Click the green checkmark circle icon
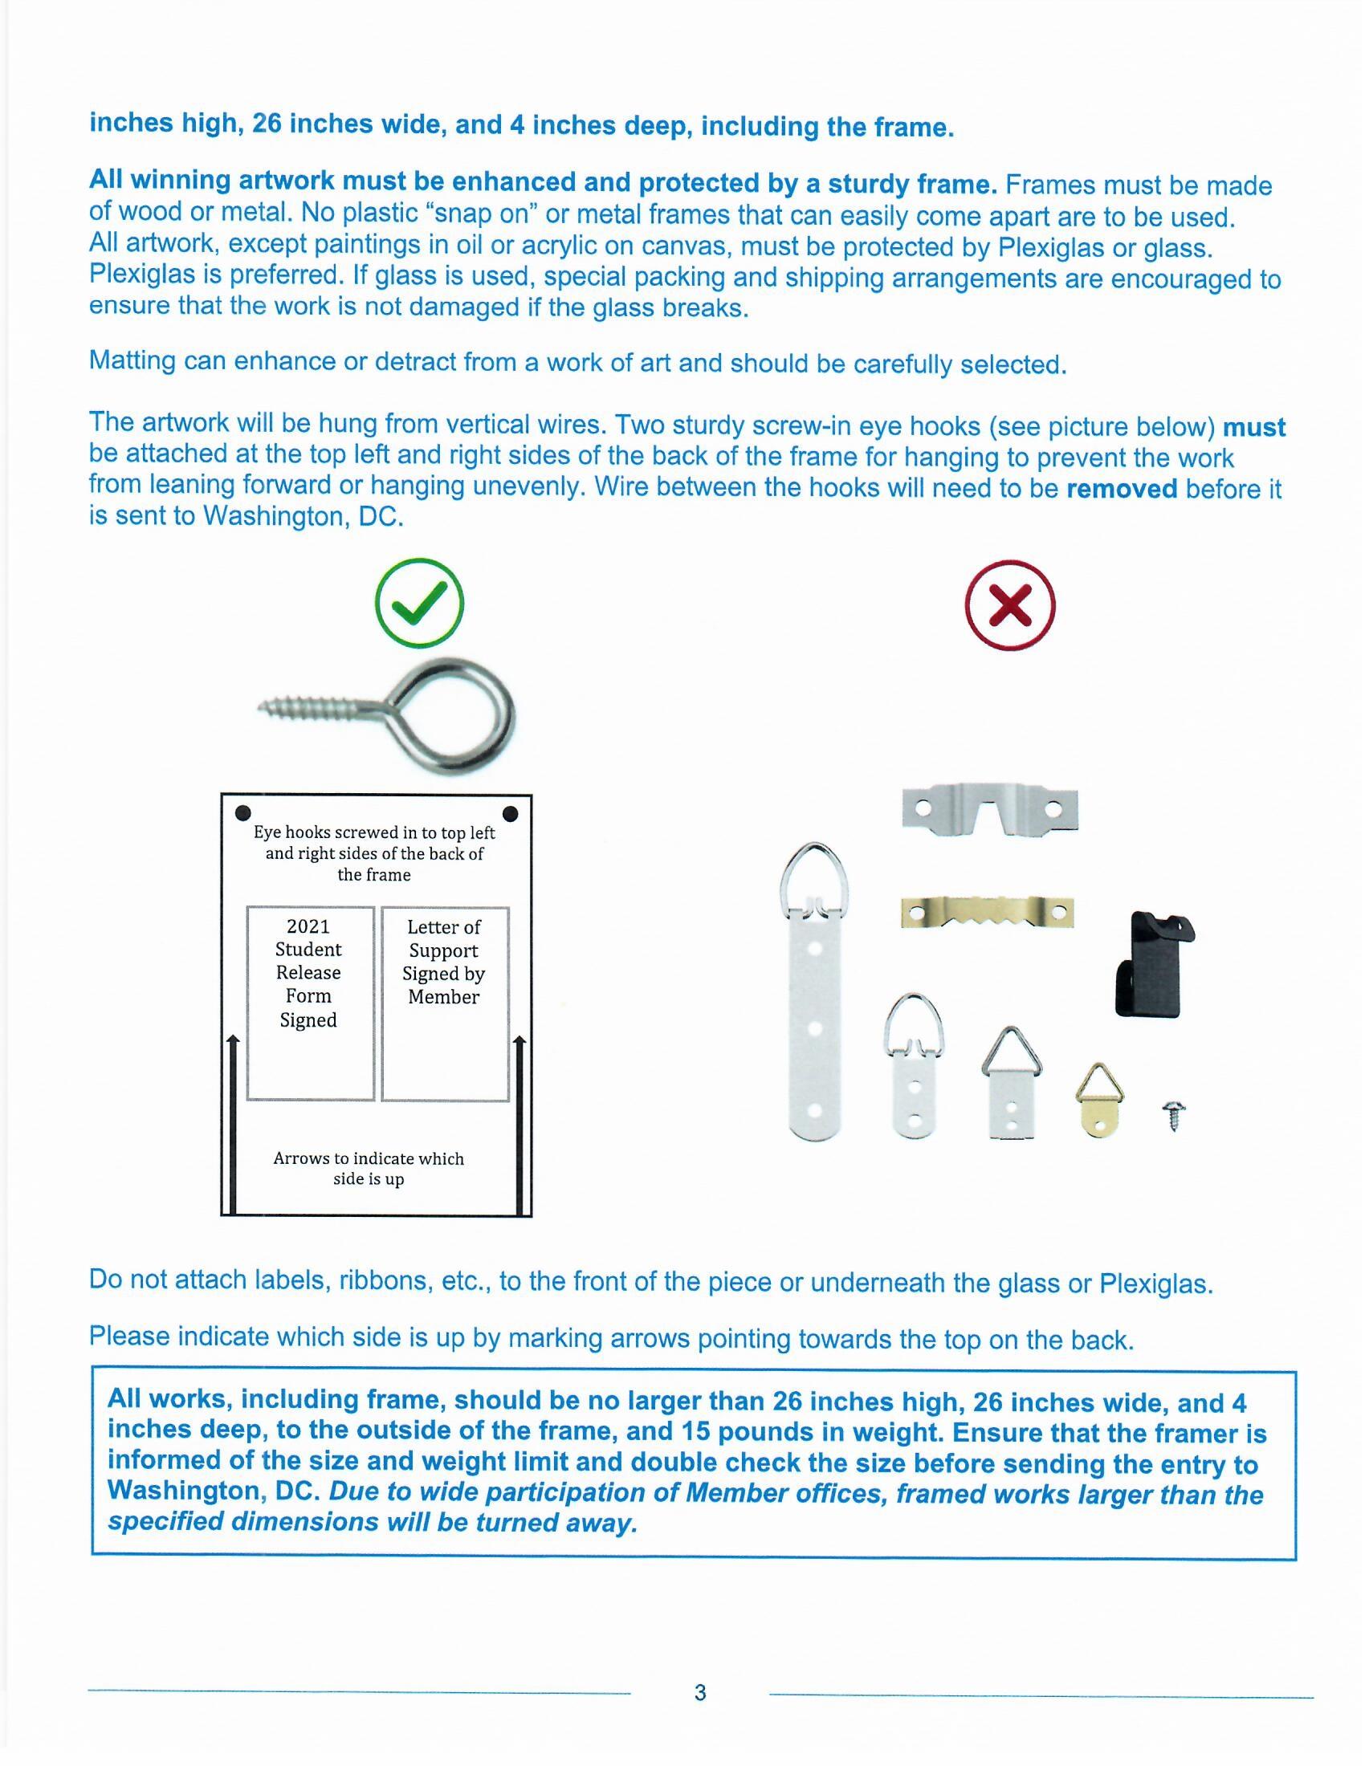(x=420, y=604)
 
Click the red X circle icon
(x=1010, y=604)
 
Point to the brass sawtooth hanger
(x=988, y=913)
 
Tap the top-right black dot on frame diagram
(x=511, y=812)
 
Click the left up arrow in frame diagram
(x=233, y=1124)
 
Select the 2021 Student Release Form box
(x=310, y=1003)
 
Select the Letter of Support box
(x=445, y=1003)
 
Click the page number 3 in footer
(x=700, y=1692)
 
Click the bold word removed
(x=1122, y=489)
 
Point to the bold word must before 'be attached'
(x=1254, y=427)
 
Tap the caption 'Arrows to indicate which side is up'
(x=369, y=1169)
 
